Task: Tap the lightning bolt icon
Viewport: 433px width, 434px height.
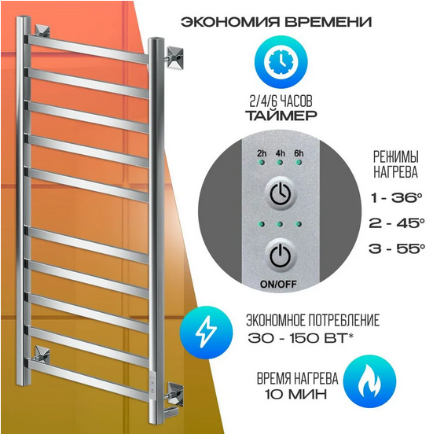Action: pyautogui.click(x=206, y=332)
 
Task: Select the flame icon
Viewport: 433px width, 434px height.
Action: pyautogui.click(x=370, y=381)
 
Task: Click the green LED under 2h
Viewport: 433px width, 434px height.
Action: pyautogui.click(x=262, y=162)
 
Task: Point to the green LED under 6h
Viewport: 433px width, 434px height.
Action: pyautogui.click(x=299, y=162)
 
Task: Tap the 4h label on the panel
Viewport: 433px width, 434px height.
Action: pyautogui.click(x=280, y=153)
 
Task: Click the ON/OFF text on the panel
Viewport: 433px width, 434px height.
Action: pyautogui.click(x=278, y=285)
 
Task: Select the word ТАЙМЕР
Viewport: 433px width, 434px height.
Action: pyautogui.click(x=281, y=115)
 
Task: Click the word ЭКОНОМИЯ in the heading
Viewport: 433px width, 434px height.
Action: pyautogui.click(x=230, y=22)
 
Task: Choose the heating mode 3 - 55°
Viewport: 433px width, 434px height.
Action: pyautogui.click(x=396, y=248)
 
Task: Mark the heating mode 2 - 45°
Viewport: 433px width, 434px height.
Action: pyautogui.click(x=396, y=223)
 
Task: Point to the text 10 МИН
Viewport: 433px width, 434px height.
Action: pyautogui.click(x=295, y=394)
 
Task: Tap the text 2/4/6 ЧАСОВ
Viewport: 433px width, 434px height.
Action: pyautogui.click(x=281, y=101)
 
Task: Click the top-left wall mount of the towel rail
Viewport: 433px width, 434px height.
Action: pyautogui.click(x=42, y=31)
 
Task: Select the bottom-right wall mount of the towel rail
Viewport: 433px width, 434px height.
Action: pyautogui.click(x=174, y=392)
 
